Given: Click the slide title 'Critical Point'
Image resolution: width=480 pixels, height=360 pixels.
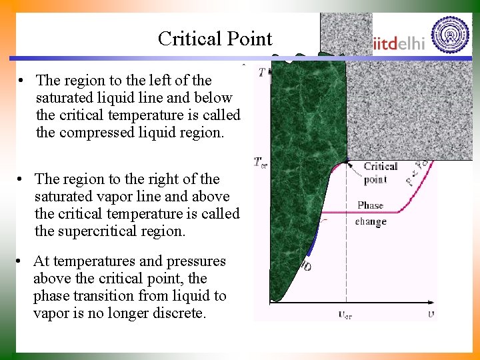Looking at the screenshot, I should (x=215, y=39).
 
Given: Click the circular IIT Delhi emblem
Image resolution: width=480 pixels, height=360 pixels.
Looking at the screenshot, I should (x=450, y=34).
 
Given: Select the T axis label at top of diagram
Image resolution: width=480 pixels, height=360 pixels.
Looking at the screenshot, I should (x=261, y=72).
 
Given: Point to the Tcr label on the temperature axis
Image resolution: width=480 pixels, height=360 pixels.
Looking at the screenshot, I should (x=261, y=162).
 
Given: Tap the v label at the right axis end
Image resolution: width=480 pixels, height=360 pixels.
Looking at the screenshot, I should (x=431, y=313).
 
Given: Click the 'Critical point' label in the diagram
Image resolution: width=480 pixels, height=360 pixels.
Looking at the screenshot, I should (x=380, y=173).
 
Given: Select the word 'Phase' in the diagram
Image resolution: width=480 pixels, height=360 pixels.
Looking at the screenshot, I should (x=370, y=205).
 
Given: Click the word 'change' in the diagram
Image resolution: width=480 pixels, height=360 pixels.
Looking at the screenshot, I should (x=370, y=221).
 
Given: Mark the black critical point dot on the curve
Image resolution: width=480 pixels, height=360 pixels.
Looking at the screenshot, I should (x=347, y=161).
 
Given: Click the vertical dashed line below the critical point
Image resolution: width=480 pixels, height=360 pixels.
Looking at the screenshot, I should (x=346, y=253).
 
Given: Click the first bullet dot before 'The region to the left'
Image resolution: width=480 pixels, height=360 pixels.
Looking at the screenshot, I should (x=22, y=81).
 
